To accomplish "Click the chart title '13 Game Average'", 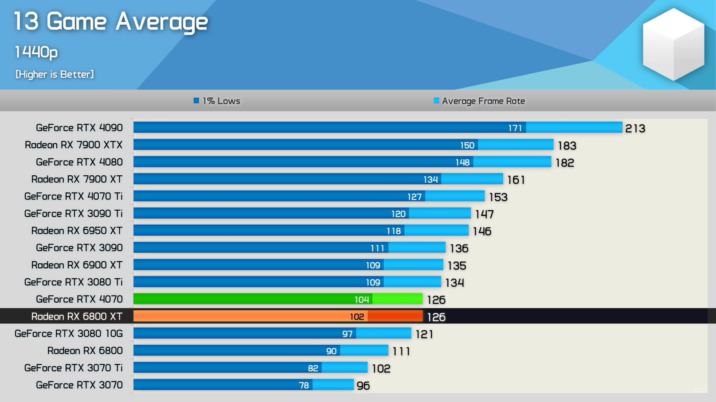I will coord(111,21).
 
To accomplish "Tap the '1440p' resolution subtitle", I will coord(36,52).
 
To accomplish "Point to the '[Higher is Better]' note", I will coord(54,74).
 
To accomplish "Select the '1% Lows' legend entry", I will coord(217,101).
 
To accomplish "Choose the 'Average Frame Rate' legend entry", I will coord(480,101).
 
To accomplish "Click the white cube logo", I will coord(673,45).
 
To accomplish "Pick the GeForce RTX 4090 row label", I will coord(79,128).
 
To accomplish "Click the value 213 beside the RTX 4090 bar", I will coord(635,128).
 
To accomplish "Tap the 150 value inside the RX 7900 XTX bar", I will coord(467,145).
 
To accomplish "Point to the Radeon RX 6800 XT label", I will coord(77,316).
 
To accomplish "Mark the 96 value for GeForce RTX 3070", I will coord(363,386).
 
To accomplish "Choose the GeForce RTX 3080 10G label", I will coord(69,334).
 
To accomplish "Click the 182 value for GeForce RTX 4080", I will coord(565,163).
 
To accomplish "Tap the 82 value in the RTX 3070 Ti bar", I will coord(313,368).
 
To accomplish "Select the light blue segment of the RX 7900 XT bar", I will coord(472,179).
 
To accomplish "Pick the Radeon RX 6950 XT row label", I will coord(77,231).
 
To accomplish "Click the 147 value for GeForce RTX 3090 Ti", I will coord(484,214).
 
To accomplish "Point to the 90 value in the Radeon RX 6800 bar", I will coord(331,351).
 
